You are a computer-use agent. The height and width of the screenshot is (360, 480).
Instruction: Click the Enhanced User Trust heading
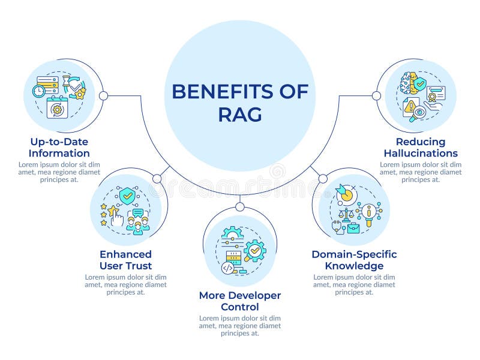(x=125, y=260)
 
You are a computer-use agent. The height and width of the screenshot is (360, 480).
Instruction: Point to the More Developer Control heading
(x=239, y=301)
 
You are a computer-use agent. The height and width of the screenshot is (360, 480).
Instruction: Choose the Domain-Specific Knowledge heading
(x=354, y=260)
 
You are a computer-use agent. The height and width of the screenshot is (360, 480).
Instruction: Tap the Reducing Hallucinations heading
(x=421, y=148)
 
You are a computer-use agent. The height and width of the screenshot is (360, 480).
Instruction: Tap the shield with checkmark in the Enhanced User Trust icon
(x=127, y=196)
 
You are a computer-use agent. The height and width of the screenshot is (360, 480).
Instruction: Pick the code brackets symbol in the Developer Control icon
(x=228, y=268)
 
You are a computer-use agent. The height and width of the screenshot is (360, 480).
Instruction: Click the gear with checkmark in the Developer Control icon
(x=254, y=250)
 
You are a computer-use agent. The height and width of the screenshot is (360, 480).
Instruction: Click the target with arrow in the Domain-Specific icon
(x=346, y=193)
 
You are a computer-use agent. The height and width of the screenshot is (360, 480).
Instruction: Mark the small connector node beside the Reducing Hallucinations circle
(x=376, y=95)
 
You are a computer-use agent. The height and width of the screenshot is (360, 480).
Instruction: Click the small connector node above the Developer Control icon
(x=239, y=207)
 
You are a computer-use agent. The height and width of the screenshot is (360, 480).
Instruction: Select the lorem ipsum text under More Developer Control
(x=239, y=325)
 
